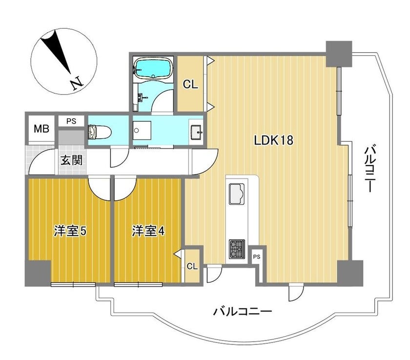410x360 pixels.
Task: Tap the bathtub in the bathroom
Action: coord(153,68)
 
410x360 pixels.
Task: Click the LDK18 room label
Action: coord(273,141)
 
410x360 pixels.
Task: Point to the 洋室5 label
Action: coord(70,231)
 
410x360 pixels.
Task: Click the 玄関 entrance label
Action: coord(72,160)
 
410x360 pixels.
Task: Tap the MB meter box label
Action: coord(41,129)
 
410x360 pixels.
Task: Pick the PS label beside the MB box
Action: coord(71,122)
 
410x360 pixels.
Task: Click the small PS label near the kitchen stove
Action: coord(257,257)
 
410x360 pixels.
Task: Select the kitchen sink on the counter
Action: coord(237,194)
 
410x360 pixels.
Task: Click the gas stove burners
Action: coord(237,249)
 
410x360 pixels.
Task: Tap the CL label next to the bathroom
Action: coord(190,85)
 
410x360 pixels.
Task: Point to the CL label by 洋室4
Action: coord(192,266)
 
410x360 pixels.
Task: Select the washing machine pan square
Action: coord(142,130)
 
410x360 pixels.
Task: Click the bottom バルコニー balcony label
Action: coord(243,312)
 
